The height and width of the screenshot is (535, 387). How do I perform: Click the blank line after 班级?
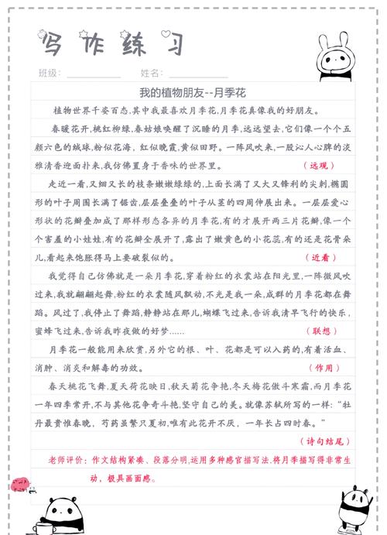pos(93,76)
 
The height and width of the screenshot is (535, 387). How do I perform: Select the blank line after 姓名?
pos(197,76)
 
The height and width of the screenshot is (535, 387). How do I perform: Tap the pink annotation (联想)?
pos(319,331)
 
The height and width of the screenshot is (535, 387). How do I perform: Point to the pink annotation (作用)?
pos(319,368)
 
